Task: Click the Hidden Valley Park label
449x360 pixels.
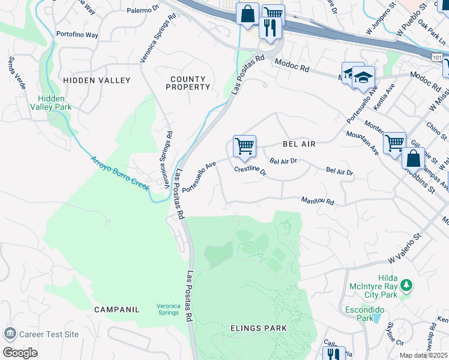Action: click(55, 103)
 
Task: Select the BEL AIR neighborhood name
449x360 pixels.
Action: click(299, 144)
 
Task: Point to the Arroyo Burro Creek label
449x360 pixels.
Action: click(119, 173)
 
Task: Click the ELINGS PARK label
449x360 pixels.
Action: click(258, 328)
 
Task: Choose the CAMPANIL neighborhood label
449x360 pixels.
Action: click(116, 310)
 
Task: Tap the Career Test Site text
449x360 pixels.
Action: click(49, 334)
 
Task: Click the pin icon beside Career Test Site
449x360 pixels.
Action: click(10, 334)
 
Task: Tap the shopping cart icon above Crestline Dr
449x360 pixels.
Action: click(244, 146)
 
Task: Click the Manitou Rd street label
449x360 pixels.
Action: click(318, 202)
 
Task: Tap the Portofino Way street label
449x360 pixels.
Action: click(77, 35)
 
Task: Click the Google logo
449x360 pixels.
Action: click(20, 352)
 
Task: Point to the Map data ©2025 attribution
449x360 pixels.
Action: click(423, 355)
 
